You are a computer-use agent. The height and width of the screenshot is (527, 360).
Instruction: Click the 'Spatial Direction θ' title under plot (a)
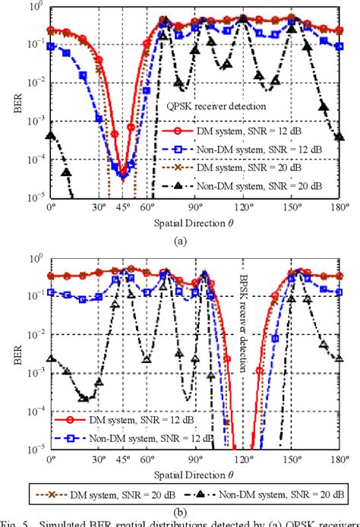point(194,222)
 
